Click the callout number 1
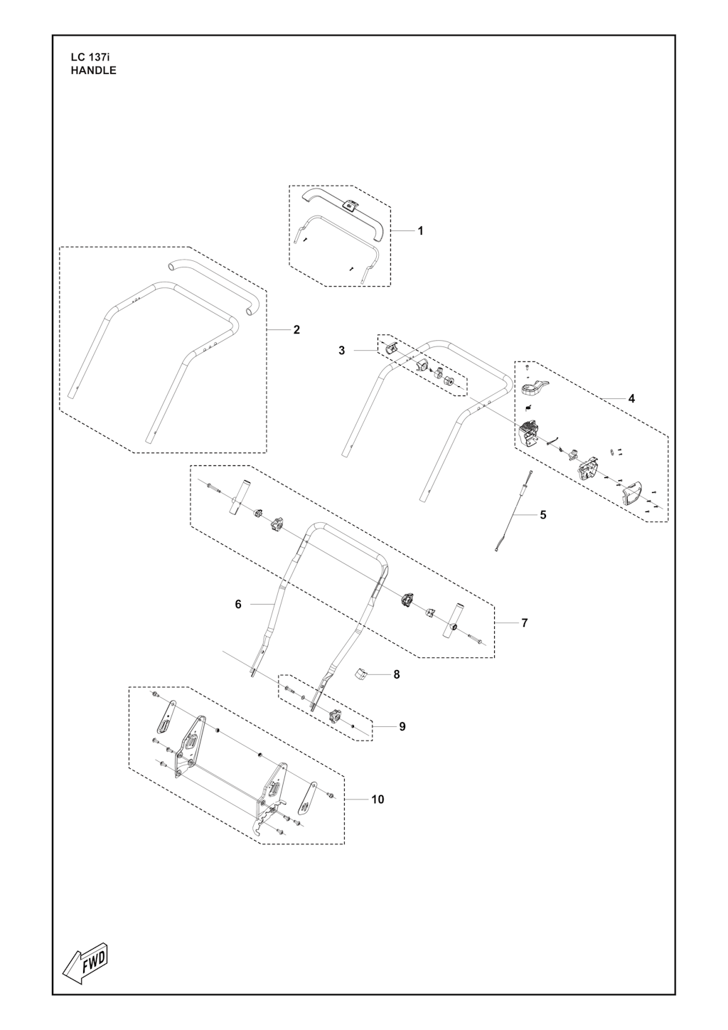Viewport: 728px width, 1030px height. click(420, 231)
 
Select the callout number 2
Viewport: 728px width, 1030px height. click(296, 329)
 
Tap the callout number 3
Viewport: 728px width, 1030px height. click(341, 351)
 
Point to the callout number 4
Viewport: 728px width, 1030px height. click(631, 398)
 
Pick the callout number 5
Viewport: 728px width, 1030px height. click(543, 515)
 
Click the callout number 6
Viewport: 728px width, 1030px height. click(238, 604)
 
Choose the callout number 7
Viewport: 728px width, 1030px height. click(525, 623)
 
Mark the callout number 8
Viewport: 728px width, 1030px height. click(397, 674)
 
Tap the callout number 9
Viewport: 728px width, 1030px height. click(402, 727)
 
